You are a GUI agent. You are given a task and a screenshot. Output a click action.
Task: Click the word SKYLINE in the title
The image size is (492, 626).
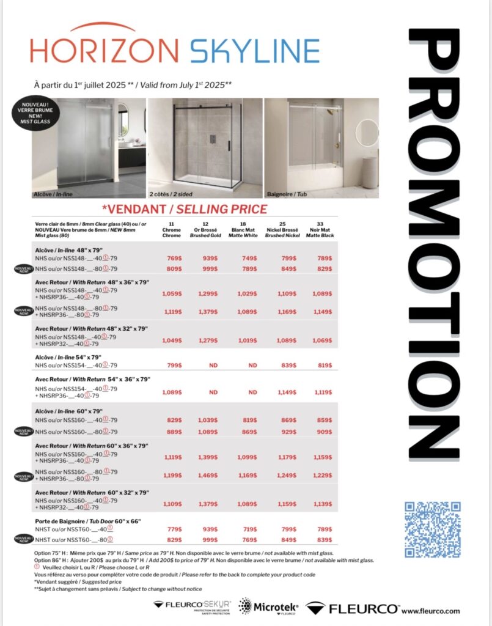255,51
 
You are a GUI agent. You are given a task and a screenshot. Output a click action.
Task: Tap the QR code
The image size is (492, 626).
432,529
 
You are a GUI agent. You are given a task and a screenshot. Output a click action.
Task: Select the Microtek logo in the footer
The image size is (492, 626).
268,607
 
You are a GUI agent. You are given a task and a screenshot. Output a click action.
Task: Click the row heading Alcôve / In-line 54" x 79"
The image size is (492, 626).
67,357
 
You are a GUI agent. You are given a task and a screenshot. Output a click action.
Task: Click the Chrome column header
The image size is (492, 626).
172,230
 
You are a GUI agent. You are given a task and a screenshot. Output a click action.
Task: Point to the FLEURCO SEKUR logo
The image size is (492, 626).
192,607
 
